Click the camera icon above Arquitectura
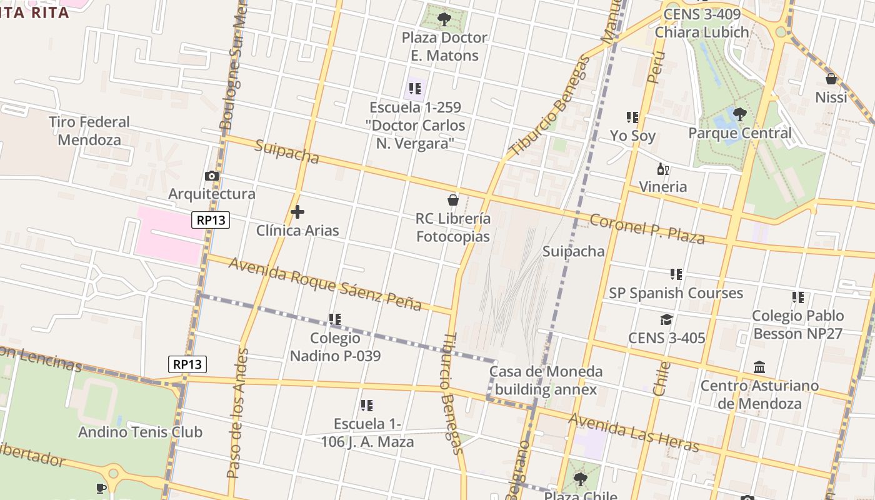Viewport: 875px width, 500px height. pos(212,176)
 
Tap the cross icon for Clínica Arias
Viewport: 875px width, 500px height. pos(297,212)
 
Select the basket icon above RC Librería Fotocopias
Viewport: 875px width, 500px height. pos(453,200)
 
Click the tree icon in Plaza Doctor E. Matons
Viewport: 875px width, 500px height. pos(444,19)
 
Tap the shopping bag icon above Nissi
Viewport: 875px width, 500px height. pos(831,79)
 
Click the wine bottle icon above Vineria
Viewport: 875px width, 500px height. pos(662,169)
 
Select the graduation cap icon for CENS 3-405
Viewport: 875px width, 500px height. pos(666,320)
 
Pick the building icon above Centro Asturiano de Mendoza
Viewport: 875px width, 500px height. pos(759,367)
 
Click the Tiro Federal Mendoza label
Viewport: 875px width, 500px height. pos(89,131)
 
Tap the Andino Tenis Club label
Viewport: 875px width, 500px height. pos(140,432)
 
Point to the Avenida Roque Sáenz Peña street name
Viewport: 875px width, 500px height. pos(325,284)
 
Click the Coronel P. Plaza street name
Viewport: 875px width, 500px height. pos(647,229)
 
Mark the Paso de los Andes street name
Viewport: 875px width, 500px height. pos(238,413)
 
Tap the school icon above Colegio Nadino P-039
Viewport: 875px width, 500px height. pos(335,319)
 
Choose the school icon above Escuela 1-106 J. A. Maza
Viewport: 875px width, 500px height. pos(367,406)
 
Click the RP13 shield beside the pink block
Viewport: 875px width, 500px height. pos(211,219)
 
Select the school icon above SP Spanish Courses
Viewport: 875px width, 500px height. pos(676,274)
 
